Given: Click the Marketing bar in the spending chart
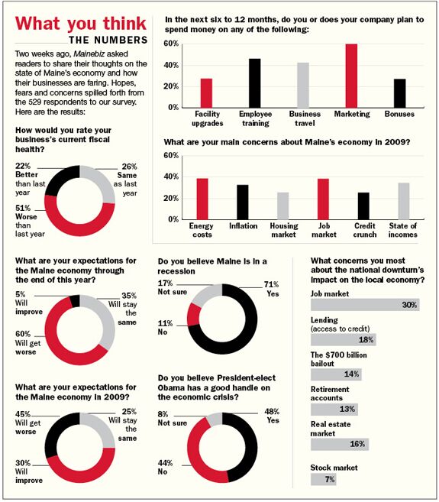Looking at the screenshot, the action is pyautogui.click(x=351, y=76).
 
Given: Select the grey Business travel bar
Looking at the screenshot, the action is pyautogui.click(x=303, y=85).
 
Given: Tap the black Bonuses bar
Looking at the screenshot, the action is pyautogui.click(x=399, y=93).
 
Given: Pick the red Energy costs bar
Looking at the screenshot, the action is pyautogui.click(x=202, y=199).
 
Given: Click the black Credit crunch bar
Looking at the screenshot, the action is pyautogui.click(x=363, y=206).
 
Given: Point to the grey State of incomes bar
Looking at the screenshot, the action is pyautogui.click(x=404, y=201).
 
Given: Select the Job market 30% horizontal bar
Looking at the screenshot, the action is pyautogui.click(x=365, y=305).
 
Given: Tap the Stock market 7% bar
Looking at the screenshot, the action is pyautogui.click(x=323, y=479).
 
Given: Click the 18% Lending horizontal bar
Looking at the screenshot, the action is pyautogui.click(x=344, y=340).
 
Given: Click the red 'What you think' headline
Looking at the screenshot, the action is pyautogui.click(x=81, y=24).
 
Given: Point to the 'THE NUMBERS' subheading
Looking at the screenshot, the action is pyautogui.click(x=108, y=40).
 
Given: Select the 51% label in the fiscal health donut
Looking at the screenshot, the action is pyautogui.click(x=23, y=208).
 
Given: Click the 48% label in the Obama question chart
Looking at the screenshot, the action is pyautogui.click(x=272, y=411).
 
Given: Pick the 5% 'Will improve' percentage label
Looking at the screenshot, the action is pyautogui.click(x=20, y=294).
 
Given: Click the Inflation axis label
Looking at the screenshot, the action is pyautogui.click(x=244, y=226).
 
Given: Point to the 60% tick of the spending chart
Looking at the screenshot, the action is pyautogui.click(x=171, y=44).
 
